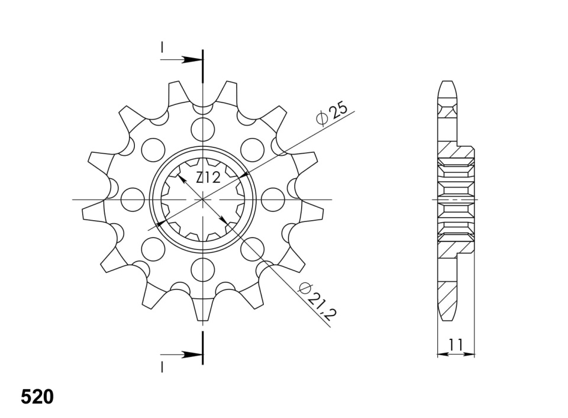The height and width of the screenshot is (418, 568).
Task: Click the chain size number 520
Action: click(37, 397)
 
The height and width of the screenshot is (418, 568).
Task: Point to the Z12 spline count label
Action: click(208, 178)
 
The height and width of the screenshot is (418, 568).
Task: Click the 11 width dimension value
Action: click(456, 345)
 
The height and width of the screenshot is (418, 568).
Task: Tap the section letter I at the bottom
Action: click(162, 367)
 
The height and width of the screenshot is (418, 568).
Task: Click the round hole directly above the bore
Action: click(202, 128)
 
